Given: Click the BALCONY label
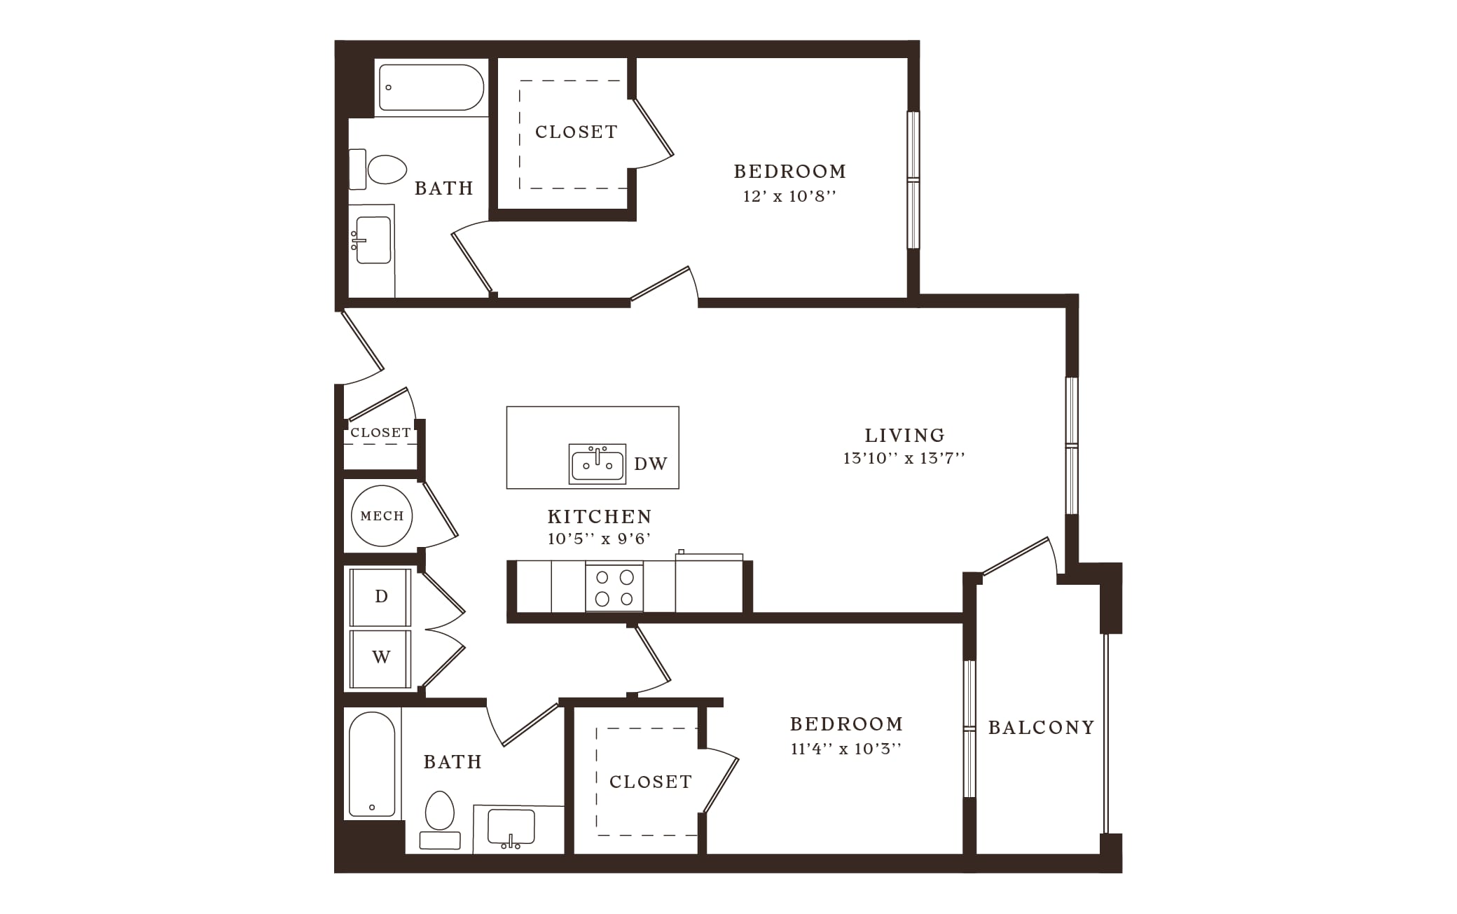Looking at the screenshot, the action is point(1041,728).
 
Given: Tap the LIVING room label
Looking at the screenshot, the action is point(904,436).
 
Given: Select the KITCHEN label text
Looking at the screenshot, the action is point(600,517).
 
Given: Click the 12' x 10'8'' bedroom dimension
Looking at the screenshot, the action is point(790,196).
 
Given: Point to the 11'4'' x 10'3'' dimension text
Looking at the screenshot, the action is point(846,749).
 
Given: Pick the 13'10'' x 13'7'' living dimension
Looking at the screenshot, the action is point(904,458).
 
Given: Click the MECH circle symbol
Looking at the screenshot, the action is point(382,516).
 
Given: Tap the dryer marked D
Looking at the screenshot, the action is point(381,597).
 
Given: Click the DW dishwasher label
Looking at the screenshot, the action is point(651,464).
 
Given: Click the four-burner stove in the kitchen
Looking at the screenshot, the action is point(614,587).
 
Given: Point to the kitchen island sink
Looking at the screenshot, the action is point(598,463).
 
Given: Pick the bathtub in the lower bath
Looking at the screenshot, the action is point(372,764).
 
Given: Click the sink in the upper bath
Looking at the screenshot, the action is point(372,240).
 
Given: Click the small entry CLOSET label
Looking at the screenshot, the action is point(380,433).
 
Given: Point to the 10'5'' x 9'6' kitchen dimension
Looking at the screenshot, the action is point(600,539).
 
